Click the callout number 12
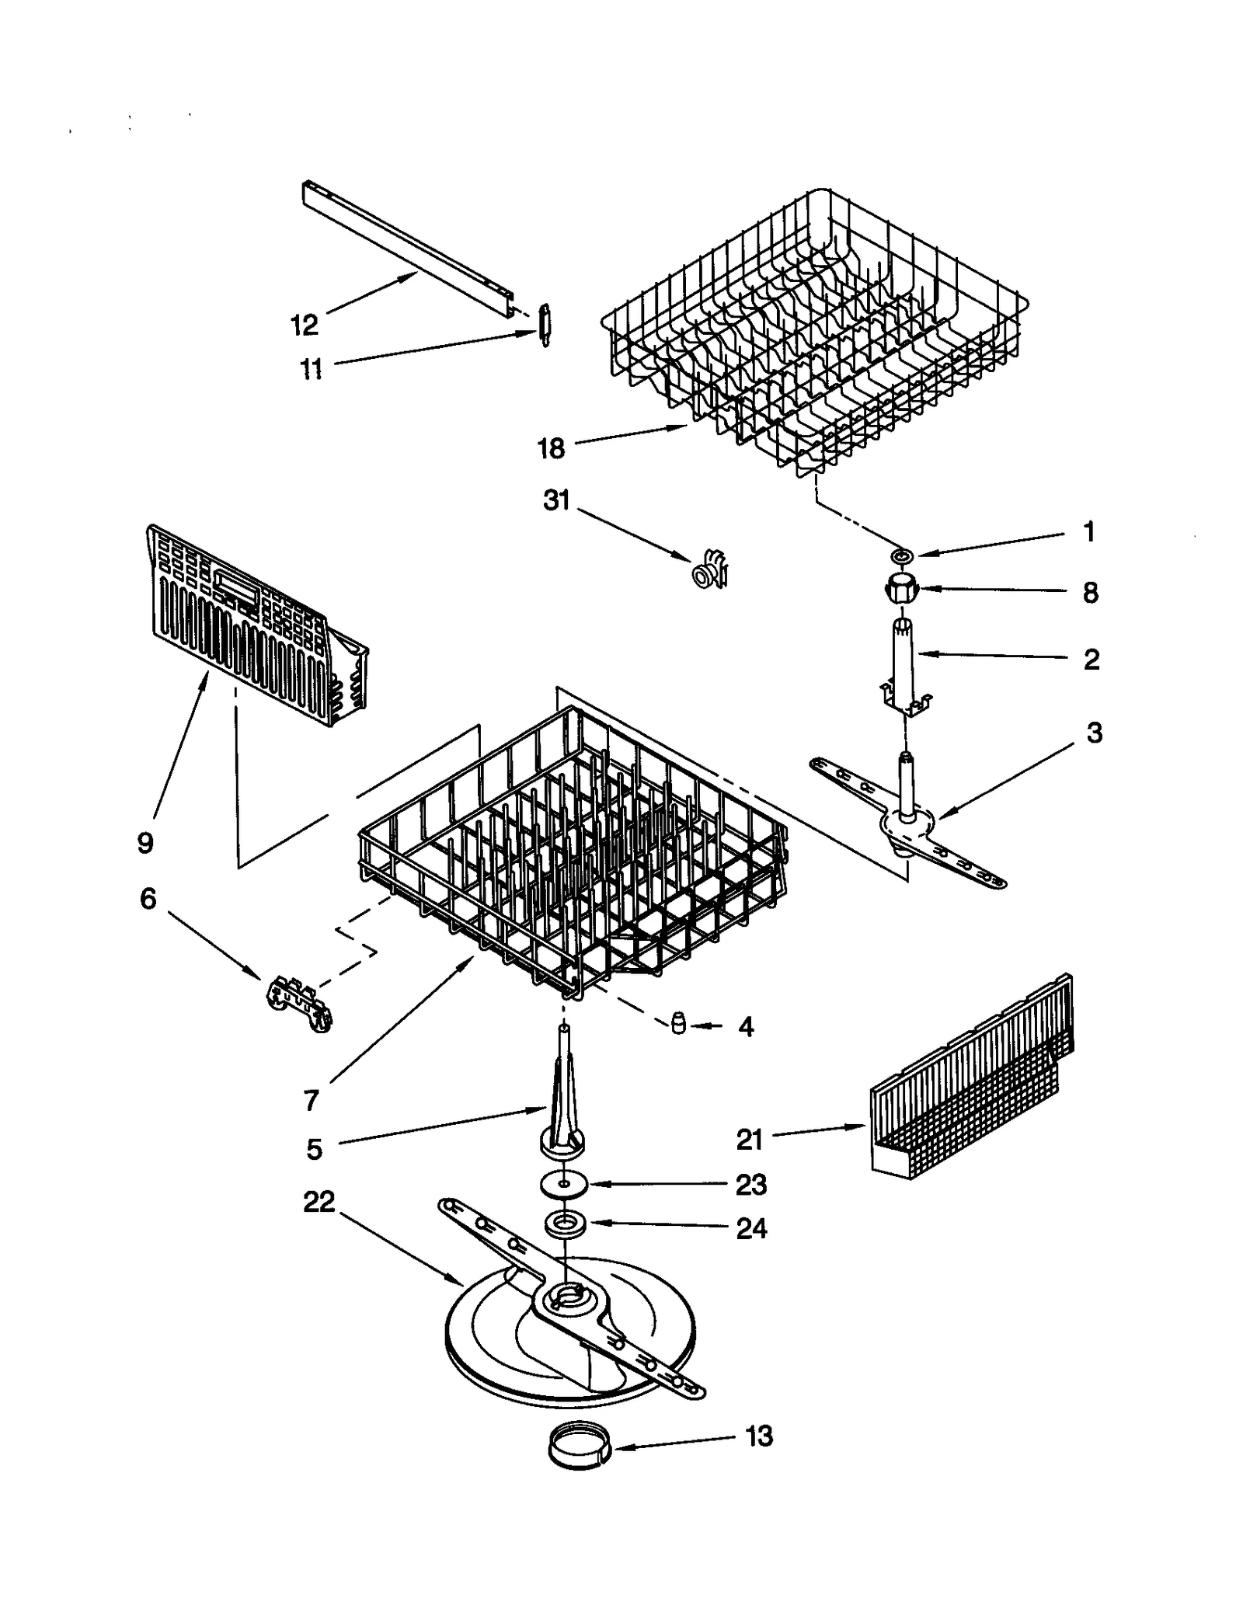(x=305, y=325)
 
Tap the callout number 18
(x=551, y=448)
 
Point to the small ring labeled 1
(x=904, y=555)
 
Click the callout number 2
(x=1091, y=660)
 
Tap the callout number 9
(x=145, y=842)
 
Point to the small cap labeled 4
(x=678, y=1024)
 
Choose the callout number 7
(x=311, y=1100)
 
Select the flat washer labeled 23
(x=562, y=1184)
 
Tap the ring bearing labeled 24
(x=565, y=1223)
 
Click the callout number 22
(x=319, y=1202)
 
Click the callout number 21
(x=750, y=1140)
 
